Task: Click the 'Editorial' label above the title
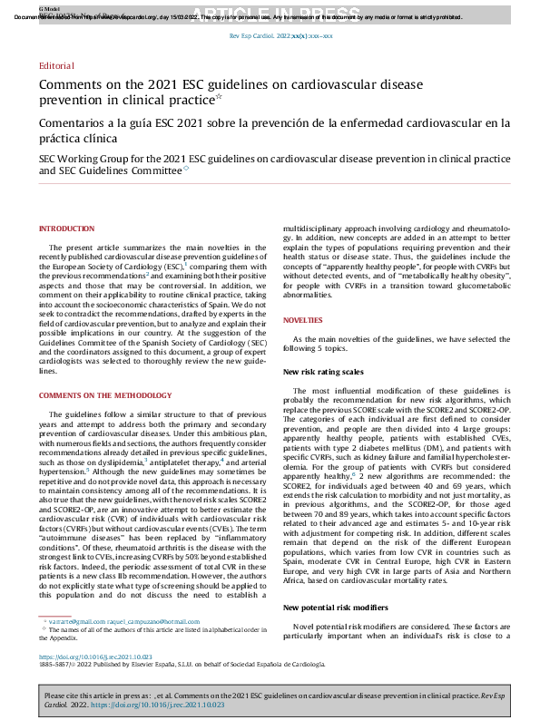click(57, 67)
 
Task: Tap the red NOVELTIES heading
click(302, 321)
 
